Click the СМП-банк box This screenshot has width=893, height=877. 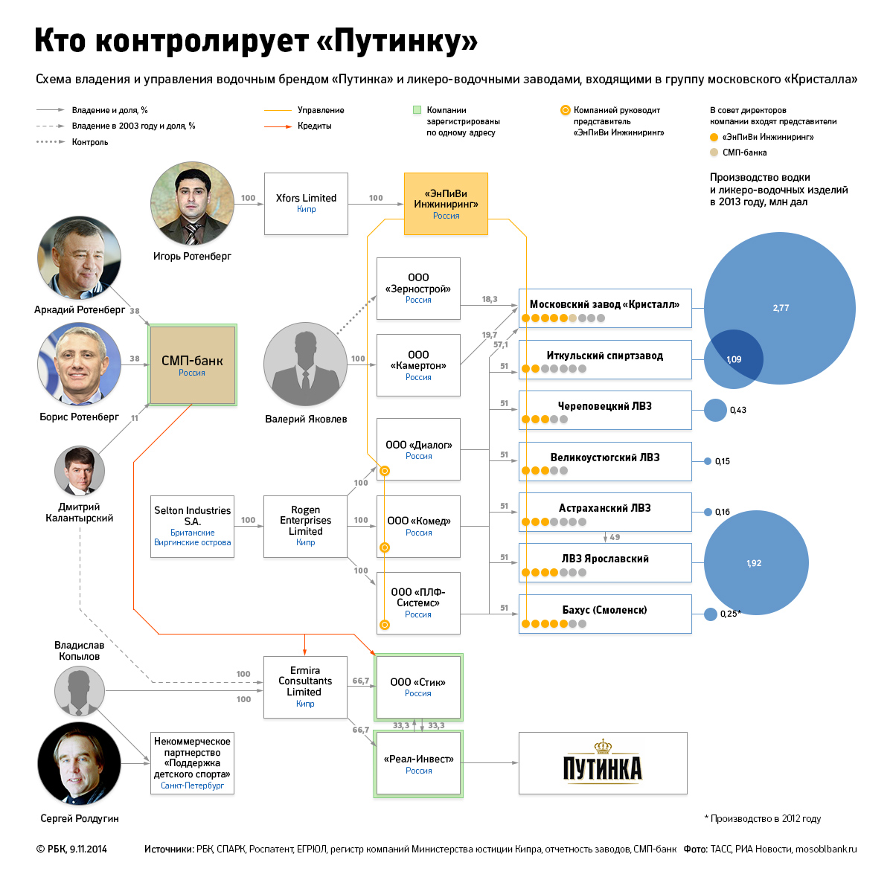tap(193, 364)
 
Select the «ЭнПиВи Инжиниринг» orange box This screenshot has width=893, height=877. tap(446, 204)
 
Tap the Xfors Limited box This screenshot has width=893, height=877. tap(306, 203)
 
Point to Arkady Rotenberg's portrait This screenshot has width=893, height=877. tap(79, 257)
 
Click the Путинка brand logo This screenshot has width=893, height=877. tap(602, 763)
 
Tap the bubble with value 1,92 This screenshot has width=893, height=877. tap(755, 563)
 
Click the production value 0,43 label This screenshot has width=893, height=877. tap(738, 410)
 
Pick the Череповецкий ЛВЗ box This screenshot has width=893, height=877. tap(604, 410)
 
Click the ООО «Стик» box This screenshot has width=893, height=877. tap(418, 687)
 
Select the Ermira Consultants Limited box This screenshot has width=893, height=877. tap(305, 687)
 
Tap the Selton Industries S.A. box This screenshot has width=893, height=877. tap(192, 527)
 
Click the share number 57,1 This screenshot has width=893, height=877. tap(501, 344)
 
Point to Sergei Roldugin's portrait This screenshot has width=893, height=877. tap(79, 763)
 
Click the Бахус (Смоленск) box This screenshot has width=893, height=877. tap(604, 614)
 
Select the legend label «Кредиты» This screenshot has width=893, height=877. tap(315, 126)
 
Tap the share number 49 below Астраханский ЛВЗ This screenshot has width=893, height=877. tap(615, 537)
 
